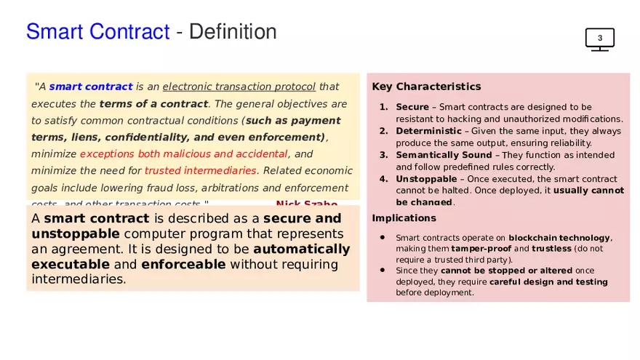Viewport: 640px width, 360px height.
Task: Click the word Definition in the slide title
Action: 236,32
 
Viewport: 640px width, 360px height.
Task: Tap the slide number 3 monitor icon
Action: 600,39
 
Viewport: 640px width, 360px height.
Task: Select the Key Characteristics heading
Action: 426,87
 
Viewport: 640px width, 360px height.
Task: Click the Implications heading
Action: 404,218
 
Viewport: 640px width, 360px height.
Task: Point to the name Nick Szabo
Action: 306,204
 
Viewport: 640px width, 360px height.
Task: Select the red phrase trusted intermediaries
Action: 201,171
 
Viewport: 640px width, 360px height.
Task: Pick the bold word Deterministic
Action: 427,131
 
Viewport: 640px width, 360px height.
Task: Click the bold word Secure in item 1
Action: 412,107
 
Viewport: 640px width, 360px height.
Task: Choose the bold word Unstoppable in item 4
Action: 425,179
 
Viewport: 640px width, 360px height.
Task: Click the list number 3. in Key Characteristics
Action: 384,155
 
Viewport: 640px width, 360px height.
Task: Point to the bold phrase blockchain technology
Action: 559,238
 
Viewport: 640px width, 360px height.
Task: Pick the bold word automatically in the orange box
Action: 301,249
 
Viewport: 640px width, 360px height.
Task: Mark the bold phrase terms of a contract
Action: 153,103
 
